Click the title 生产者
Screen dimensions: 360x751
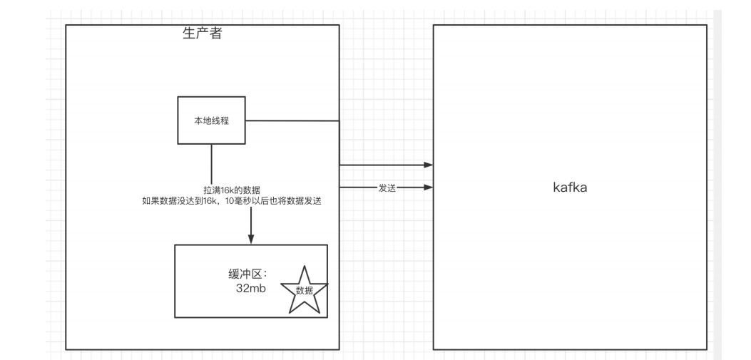202,33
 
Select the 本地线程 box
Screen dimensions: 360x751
212,120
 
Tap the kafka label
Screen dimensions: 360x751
570,187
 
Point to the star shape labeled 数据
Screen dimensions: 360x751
304,290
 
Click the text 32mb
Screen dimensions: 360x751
251,288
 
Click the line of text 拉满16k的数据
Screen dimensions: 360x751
233,190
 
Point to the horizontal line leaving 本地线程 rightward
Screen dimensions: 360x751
292,120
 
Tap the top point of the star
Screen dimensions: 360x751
304,266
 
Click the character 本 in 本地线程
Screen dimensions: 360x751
198,120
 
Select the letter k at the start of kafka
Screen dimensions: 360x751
556,187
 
